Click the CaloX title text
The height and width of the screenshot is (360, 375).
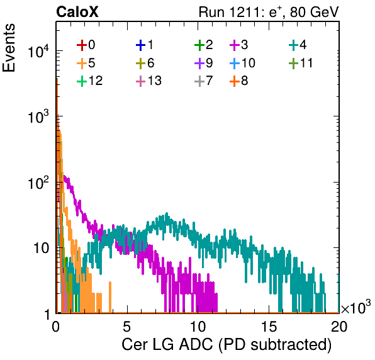coord(77,12)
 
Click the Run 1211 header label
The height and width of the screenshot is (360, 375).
coord(269,12)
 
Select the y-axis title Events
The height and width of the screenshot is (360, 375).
coord(9,48)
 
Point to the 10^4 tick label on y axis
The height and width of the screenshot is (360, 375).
coord(38,51)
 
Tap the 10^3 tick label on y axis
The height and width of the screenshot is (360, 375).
coord(38,116)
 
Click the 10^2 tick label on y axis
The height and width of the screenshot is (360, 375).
coord(38,183)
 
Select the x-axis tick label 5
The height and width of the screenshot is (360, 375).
coord(126,326)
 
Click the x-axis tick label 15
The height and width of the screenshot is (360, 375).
coord(269,326)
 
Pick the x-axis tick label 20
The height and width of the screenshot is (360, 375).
coord(339,326)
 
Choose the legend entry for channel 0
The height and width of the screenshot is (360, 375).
coord(86,45)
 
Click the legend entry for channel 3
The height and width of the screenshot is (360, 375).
coord(239,45)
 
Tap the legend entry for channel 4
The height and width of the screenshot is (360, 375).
coord(298,45)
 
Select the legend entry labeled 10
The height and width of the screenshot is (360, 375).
coord(242,63)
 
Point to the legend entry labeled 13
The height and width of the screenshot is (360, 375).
coord(148,81)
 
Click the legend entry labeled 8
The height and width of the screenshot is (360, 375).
coord(239,81)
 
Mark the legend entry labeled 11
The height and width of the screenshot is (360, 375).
coord(301,63)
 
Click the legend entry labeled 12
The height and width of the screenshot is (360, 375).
coord(90,81)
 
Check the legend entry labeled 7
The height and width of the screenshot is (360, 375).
coord(203,81)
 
